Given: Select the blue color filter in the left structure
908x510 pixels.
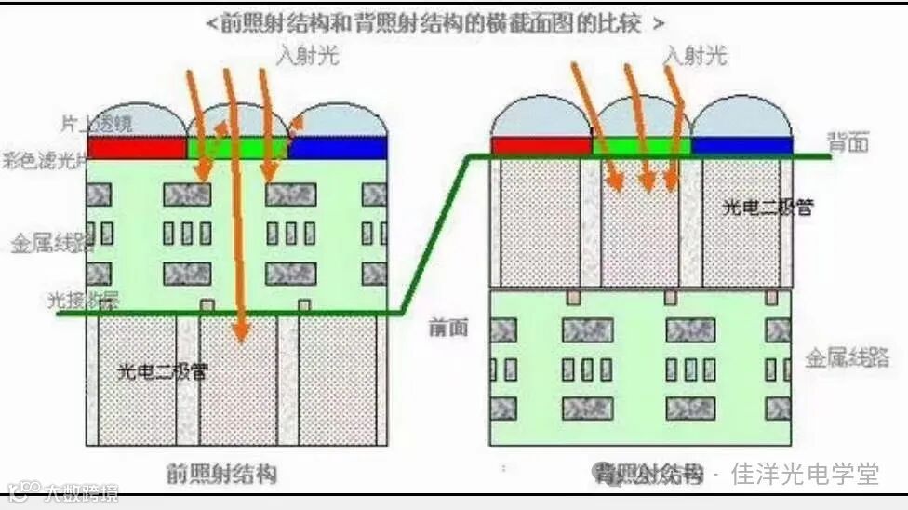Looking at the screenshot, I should [x=339, y=148].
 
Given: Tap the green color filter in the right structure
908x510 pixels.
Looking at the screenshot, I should [x=642, y=145].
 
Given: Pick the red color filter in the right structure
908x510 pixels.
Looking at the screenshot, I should [x=541, y=145].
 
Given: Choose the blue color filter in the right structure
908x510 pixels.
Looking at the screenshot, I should [x=741, y=145].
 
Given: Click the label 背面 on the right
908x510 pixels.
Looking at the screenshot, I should [x=848, y=142].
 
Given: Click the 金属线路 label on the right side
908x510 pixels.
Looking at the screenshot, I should [x=847, y=358].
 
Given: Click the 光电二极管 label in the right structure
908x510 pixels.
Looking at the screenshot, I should [x=768, y=207].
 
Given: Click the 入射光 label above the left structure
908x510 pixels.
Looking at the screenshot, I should [x=308, y=55].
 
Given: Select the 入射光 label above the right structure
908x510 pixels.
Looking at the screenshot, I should [x=694, y=55].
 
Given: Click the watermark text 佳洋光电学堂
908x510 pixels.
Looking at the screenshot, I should [x=805, y=475].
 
